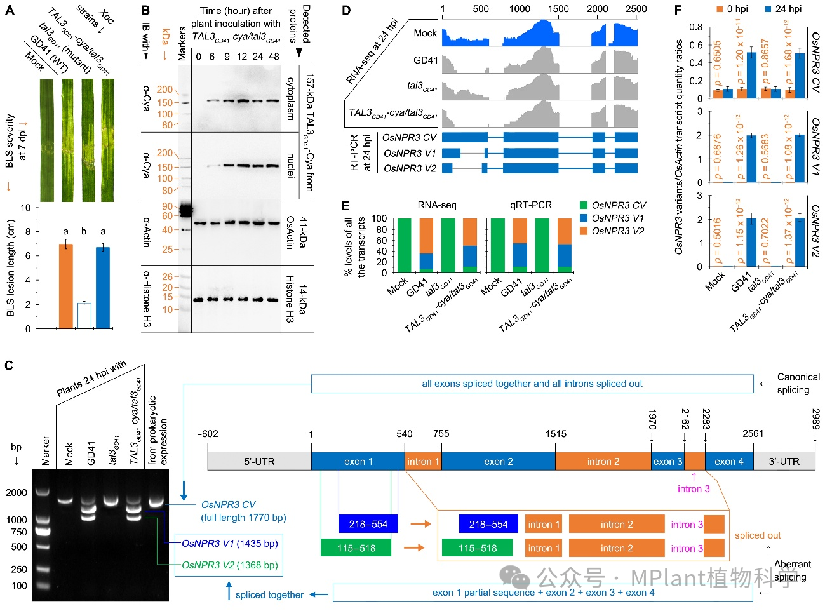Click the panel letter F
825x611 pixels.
pyautogui.click(x=678, y=10)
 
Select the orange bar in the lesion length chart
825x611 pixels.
pyautogui.click(x=65, y=286)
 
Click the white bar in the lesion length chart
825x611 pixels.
pyautogui.click(x=84, y=316)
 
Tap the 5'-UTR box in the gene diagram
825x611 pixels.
pyautogui.click(x=259, y=461)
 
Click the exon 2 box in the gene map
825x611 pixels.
pyautogui.click(x=498, y=461)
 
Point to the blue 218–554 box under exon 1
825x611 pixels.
pyautogui.click(x=368, y=524)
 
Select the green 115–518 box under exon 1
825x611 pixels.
pyautogui.click(x=356, y=547)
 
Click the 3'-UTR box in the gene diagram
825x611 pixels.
pyautogui.click(x=784, y=461)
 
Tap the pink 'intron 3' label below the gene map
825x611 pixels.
pyautogui.click(x=694, y=488)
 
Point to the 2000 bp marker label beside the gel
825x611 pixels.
pyautogui.click(x=17, y=493)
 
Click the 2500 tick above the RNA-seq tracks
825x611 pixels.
pyautogui.click(x=636, y=9)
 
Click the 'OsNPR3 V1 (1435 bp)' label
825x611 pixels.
pyautogui.click(x=229, y=543)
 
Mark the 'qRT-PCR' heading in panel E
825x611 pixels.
pyautogui.click(x=530, y=205)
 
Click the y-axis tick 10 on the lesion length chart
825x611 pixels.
pyautogui.click(x=25, y=208)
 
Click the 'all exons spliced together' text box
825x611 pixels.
pyautogui.click(x=532, y=384)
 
